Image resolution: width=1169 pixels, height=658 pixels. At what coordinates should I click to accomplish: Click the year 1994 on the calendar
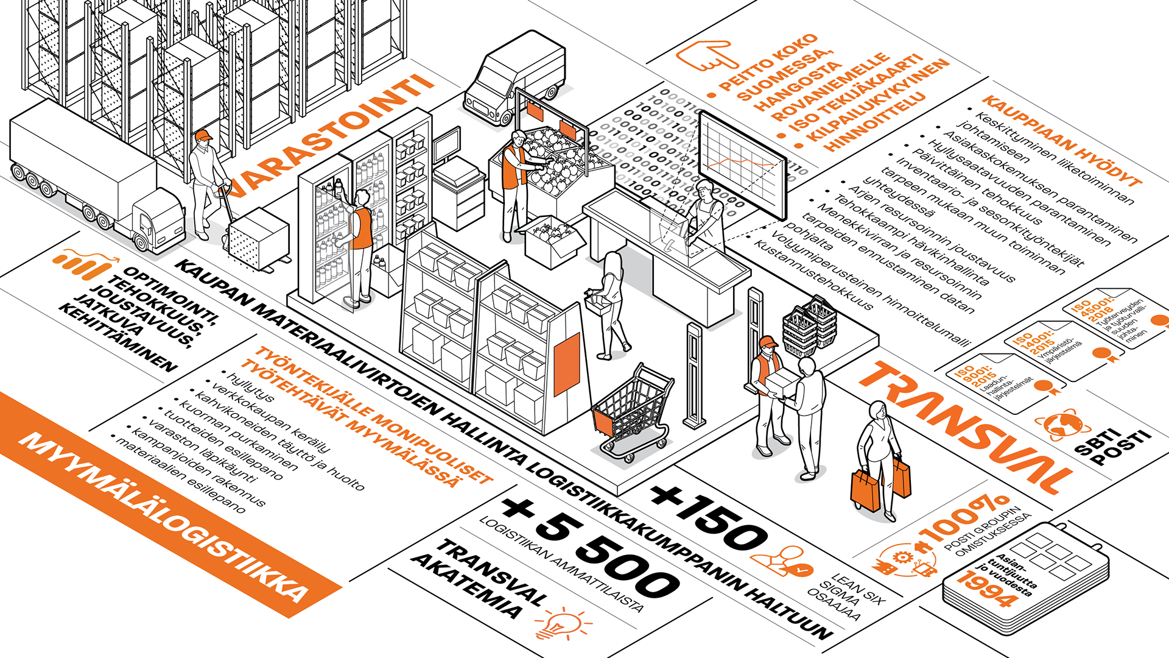[x=986, y=589]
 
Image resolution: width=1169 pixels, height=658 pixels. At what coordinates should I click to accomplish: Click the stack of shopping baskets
[x=810, y=326]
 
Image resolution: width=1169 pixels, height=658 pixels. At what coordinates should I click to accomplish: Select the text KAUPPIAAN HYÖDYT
[x=1062, y=140]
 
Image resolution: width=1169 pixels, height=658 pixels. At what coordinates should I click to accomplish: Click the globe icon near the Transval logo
[x=1062, y=423]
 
